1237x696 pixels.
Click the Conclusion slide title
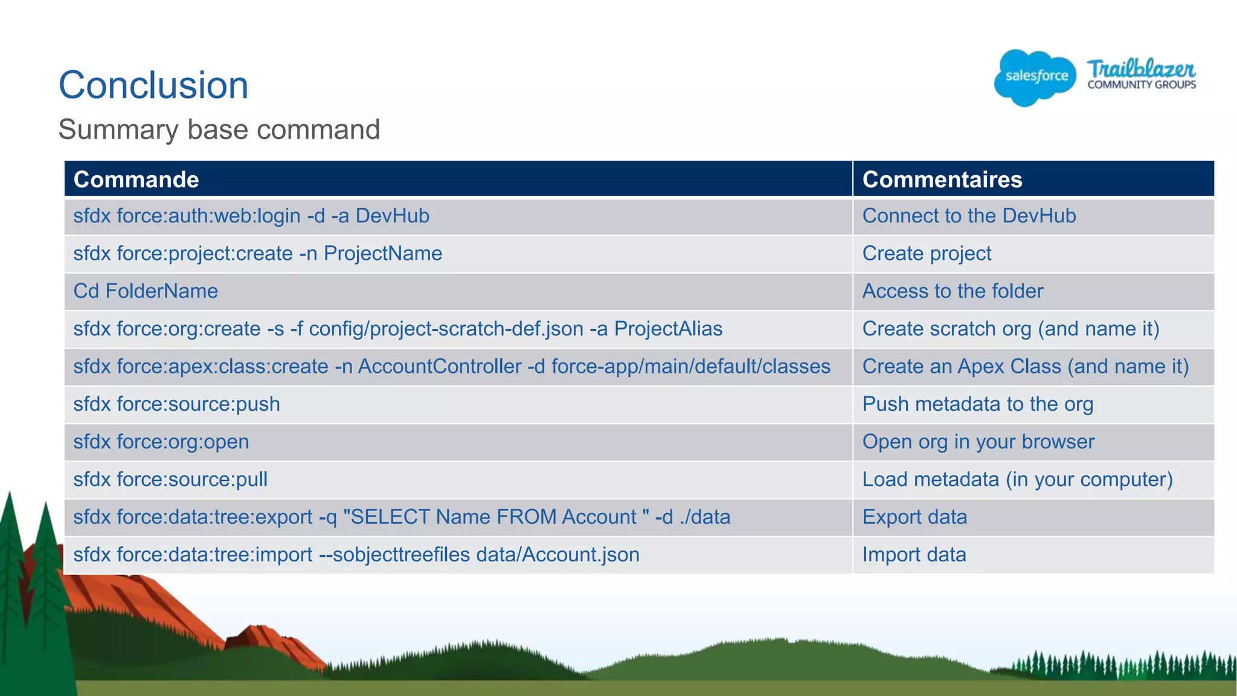point(153,85)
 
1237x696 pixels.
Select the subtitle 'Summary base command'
point(219,129)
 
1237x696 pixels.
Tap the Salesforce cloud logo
point(1035,77)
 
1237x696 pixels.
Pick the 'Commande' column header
point(136,179)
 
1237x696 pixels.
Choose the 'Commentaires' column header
point(942,179)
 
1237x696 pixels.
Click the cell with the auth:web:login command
point(251,216)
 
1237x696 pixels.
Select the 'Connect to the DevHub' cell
point(969,216)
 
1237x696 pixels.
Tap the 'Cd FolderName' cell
point(146,291)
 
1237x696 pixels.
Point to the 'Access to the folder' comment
point(953,291)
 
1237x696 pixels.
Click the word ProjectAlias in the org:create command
point(668,329)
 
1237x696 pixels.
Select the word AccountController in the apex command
point(440,366)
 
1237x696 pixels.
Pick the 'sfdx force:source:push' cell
point(176,404)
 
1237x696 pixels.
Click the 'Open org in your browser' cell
point(978,442)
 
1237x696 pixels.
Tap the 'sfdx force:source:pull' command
point(170,479)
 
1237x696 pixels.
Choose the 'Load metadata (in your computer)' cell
point(1017,479)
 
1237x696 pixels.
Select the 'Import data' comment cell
point(914,555)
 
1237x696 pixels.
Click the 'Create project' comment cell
point(927,254)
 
